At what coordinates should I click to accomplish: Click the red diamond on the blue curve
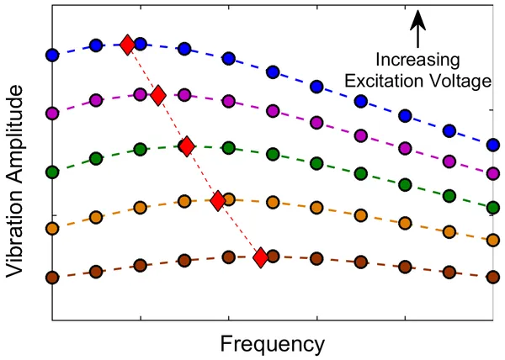click(x=126, y=45)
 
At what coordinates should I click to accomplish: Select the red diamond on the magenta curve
click(x=157, y=96)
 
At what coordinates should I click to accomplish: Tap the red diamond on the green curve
click(x=186, y=146)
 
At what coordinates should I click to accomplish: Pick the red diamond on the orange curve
click(x=217, y=200)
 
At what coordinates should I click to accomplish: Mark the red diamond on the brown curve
click(x=261, y=257)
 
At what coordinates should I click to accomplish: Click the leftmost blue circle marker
click(x=52, y=56)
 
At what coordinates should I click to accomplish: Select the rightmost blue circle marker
click(x=493, y=145)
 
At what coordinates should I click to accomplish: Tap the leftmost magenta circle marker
click(x=52, y=113)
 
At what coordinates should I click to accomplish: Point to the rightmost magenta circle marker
click(x=493, y=172)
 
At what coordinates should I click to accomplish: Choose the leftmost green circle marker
click(x=52, y=172)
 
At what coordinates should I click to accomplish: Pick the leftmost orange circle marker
click(x=52, y=228)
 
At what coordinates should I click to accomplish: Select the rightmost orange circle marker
click(x=493, y=240)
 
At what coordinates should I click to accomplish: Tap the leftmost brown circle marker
click(x=52, y=278)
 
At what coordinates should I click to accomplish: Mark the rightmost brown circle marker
click(x=493, y=275)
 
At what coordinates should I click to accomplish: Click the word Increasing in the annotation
click(x=418, y=61)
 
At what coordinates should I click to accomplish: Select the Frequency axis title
click(x=272, y=343)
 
